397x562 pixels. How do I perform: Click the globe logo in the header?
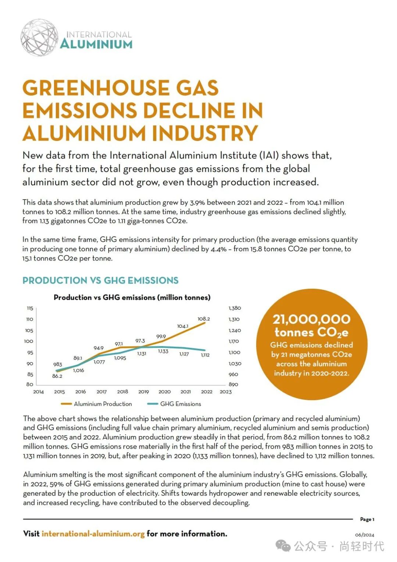tap(39, 38)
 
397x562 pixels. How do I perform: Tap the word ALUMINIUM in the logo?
tap(96, 45)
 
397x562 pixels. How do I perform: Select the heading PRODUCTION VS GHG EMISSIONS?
tap(100, 280)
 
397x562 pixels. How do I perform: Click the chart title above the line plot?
tap(132, 297)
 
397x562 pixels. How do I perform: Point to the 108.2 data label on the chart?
tap(204, 319)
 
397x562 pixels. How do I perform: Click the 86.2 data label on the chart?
tap(57, 376)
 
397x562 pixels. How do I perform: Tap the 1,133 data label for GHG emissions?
tap(163, 351)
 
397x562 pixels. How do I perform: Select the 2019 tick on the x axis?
tap(143, 392)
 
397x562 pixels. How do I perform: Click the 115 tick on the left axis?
tap(30, 308)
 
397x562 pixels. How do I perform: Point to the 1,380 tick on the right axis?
tap(235, 308)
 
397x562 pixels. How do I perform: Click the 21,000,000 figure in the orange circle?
tap(311, 319)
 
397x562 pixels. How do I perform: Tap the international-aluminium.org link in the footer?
tap(93, 534)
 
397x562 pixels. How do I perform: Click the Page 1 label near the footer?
tap(367, 519)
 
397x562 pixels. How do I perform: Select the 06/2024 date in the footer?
tap(364, 535)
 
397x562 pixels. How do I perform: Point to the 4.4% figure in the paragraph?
tap(219, 249)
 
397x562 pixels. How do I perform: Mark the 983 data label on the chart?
tap(58, 364)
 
